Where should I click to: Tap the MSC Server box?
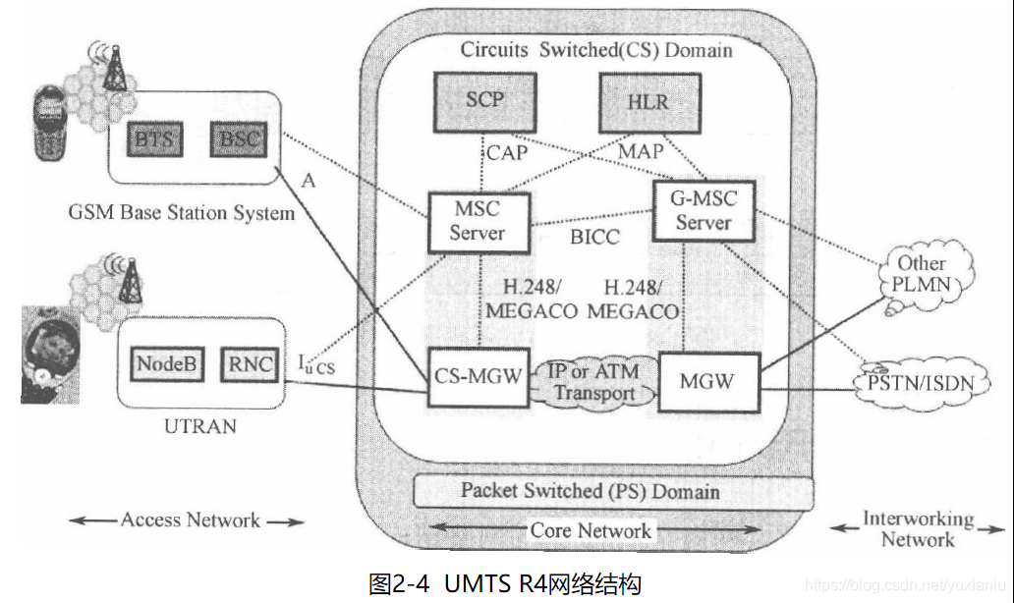click(x=479, y=220)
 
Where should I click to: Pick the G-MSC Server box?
click(x=704, y=211)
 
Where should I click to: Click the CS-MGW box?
click(x=479, y=375)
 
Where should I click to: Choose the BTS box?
click(x=154, y=138)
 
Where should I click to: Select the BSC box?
click(x=239, y=137)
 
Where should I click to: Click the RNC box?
click(x=249, y=365)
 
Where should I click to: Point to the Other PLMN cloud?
click(x=921, y=273)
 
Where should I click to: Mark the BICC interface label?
click(x=593, y=238)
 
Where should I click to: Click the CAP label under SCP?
click(x=507, y=152)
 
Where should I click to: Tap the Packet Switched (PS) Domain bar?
click(x=590, y=490)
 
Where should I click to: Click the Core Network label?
click(x=590, y=530)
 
